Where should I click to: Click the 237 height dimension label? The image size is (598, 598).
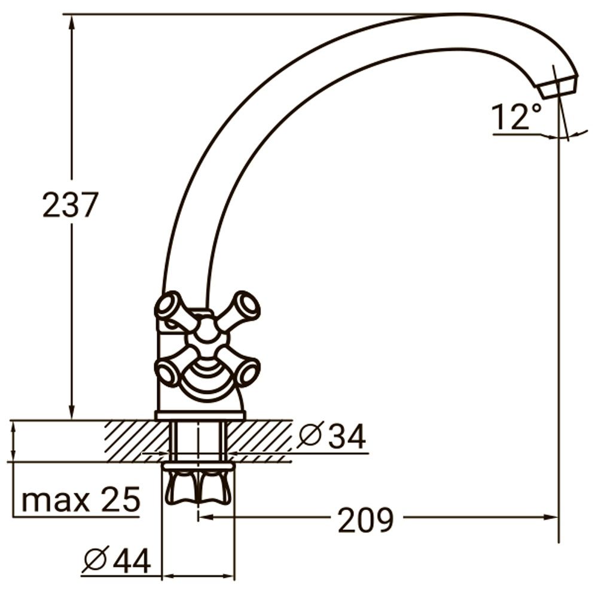tap(69, 205)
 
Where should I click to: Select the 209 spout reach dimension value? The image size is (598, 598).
tap(365, 519)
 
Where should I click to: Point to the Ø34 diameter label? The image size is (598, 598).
tap(332, 437)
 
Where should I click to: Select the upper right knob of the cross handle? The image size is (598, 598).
tap(246, 305)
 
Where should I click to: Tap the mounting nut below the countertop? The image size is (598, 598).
tap(198, 484)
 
